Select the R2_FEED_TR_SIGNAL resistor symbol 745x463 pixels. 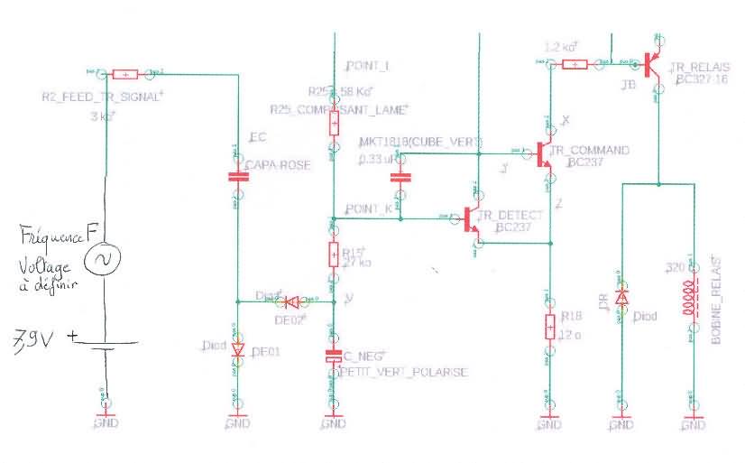(x=125, y=74)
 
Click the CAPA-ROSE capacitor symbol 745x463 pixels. (x=237, y=176)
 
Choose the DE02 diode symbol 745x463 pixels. (x=290, y=301)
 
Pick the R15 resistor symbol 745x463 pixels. (x=334, y=256)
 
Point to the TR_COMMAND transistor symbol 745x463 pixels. (x=543, y=155)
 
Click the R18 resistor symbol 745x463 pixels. (x=548, y=326)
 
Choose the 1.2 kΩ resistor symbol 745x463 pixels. (x=574, y=64)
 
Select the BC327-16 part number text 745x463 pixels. (x=704, y=79)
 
